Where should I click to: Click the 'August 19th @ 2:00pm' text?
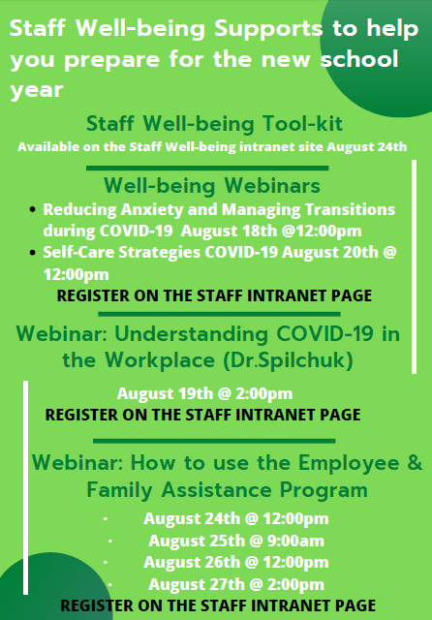pyautogui.click(x=204, y=393)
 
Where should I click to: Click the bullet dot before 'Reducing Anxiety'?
pyautogui.click(x=34, y=209)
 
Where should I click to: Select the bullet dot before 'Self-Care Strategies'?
pyautogui.click(x=34, y=252)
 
